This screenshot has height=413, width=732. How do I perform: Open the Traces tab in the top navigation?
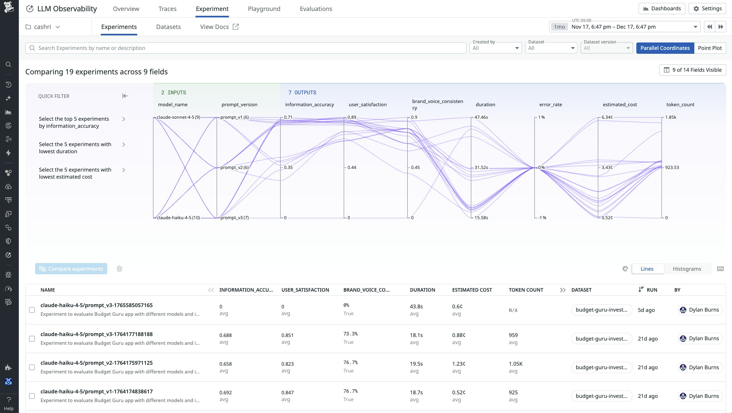tap(167, 9)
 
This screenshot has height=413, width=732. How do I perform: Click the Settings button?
tap(707, 9)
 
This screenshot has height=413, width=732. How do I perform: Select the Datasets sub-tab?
tap(168, 27)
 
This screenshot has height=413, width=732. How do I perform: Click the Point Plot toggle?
tap(709, 48)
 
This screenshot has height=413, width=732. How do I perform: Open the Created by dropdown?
tap(495, 48)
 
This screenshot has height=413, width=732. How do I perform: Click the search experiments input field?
tap(245, 48)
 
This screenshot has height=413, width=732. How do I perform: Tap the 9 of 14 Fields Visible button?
tap(692, 70)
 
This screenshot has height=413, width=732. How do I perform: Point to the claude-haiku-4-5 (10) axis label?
tap(178, 218)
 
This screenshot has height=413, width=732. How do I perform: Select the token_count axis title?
tap(680, 105)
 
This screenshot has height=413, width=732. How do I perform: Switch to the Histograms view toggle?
tap(687, 269)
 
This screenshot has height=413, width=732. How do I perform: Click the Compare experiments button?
tap(71, 269)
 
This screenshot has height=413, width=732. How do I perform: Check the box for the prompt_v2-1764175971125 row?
tap(32, 367)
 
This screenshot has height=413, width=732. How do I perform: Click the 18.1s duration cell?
tap(416, 335)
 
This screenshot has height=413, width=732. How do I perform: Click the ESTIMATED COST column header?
tap(472, 290)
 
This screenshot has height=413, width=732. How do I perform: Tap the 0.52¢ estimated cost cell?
tap(458, 392)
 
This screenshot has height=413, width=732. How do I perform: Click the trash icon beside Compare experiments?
tap(119, 269)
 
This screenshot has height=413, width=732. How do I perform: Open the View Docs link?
tap(219, 27)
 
